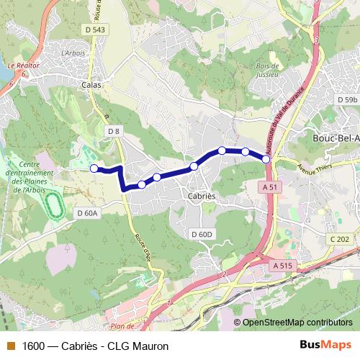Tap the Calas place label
coord(91,84)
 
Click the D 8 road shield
coord(114,130)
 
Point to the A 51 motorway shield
coord(269,186)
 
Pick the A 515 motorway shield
coord(283,266)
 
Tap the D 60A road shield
coord(87,213)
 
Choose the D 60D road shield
coord(202,235)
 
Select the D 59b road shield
coord(346,99)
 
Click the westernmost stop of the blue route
coord(93,168)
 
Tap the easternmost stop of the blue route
coord(266,158)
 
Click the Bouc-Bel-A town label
coord(334,137)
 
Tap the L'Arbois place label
coord(73,53)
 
